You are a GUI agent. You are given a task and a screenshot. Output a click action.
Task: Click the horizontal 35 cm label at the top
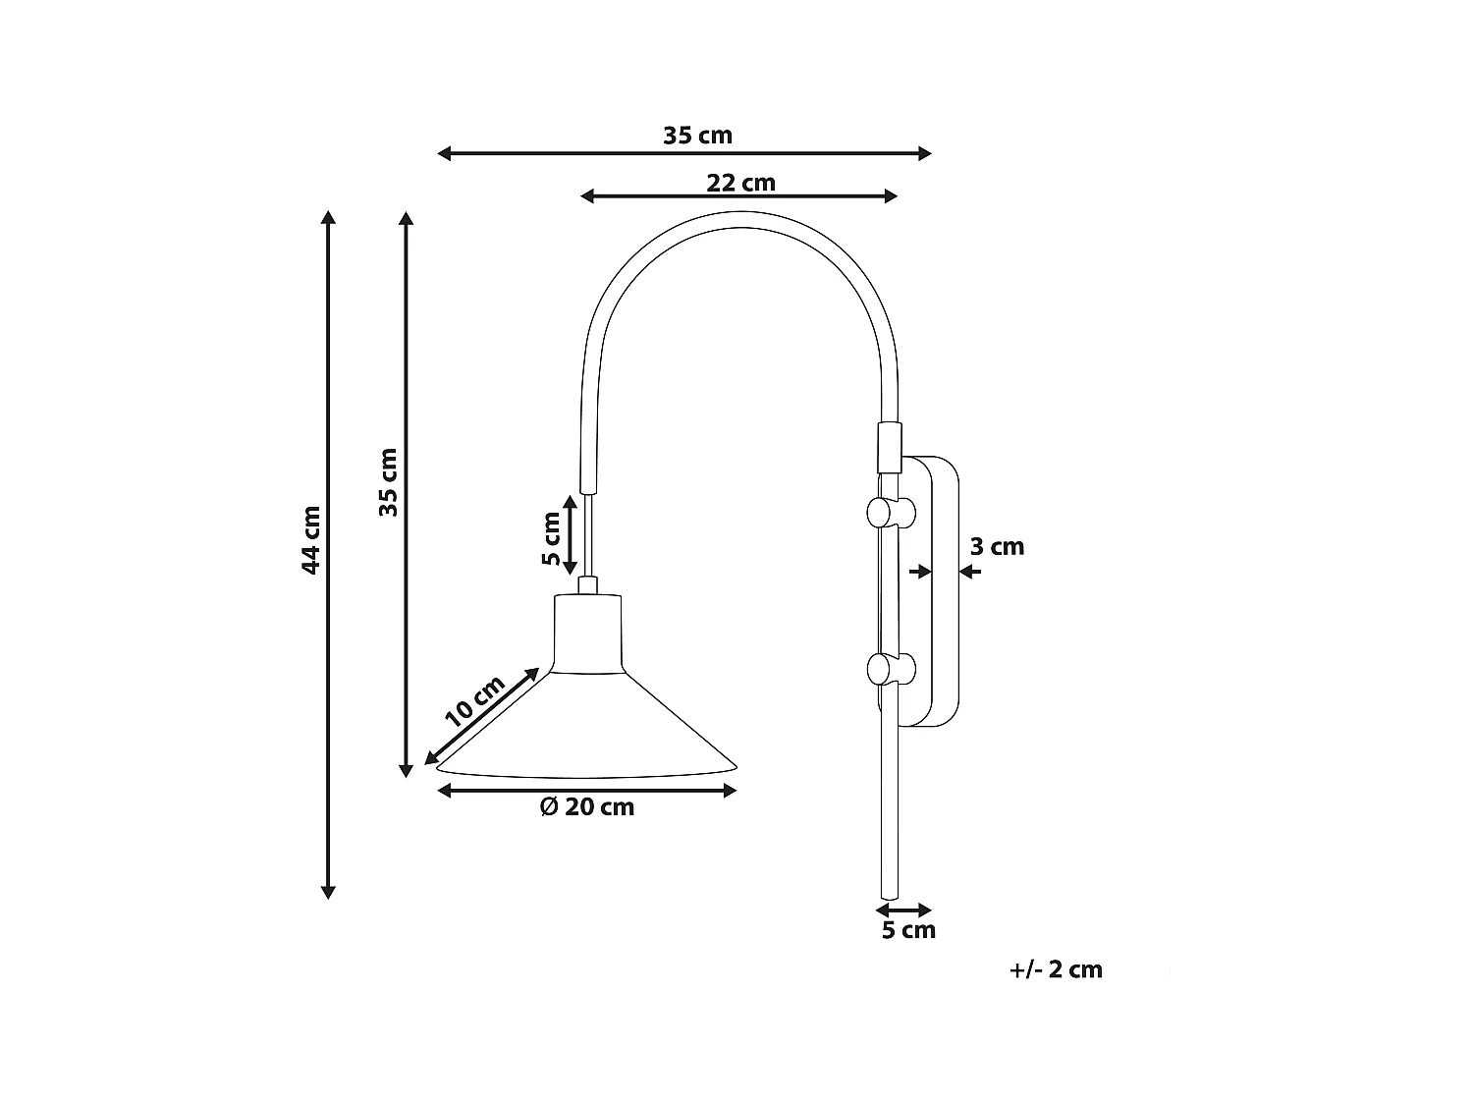click(697, 136)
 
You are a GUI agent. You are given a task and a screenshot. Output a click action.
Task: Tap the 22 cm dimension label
click(740, 183)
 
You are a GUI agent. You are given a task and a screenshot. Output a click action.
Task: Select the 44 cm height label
click(311, 540)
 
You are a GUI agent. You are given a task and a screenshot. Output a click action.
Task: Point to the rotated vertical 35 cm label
click(389, 482)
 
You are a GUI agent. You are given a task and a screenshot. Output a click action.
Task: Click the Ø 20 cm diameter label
click(587, 807)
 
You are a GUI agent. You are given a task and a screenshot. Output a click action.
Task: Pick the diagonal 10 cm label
click(474, 701)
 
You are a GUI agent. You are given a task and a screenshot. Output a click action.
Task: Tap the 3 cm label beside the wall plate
click(997, 547)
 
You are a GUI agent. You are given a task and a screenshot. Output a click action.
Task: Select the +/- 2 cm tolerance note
click(1056, 969)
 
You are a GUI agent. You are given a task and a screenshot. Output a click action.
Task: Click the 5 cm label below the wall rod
click(908, 930)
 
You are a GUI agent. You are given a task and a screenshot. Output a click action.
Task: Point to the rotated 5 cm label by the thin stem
click(552, 539)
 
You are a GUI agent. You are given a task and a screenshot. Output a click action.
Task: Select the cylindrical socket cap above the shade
click(587, 634)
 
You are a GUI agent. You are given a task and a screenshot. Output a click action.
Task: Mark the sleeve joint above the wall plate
click(888, 446)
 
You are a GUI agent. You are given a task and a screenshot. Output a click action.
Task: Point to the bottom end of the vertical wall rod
click(889, 894)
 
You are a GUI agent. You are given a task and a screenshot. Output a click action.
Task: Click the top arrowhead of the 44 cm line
click(329, 217)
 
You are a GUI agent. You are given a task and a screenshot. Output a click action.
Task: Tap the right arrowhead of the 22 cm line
click(892, 196)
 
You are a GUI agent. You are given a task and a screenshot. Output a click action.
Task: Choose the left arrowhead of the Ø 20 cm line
click(443, 790)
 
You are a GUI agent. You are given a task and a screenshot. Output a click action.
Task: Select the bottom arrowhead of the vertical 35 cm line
click(406, 771)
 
